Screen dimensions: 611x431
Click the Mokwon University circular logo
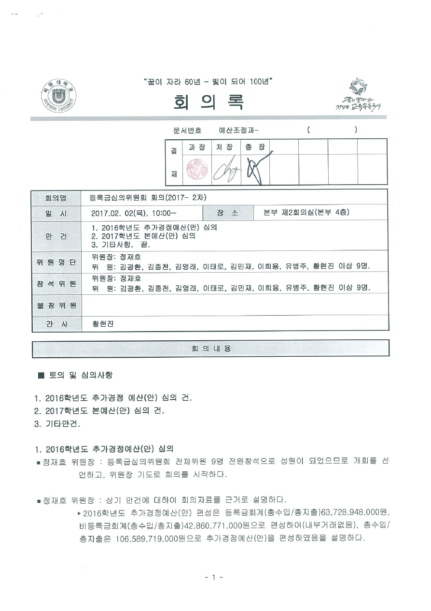[x=58, y=97]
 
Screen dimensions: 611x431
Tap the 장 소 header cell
[x=227, y=213]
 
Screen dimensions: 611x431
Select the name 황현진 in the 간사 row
[x=103, y=324]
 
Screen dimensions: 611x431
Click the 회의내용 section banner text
[x=211, y=349]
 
